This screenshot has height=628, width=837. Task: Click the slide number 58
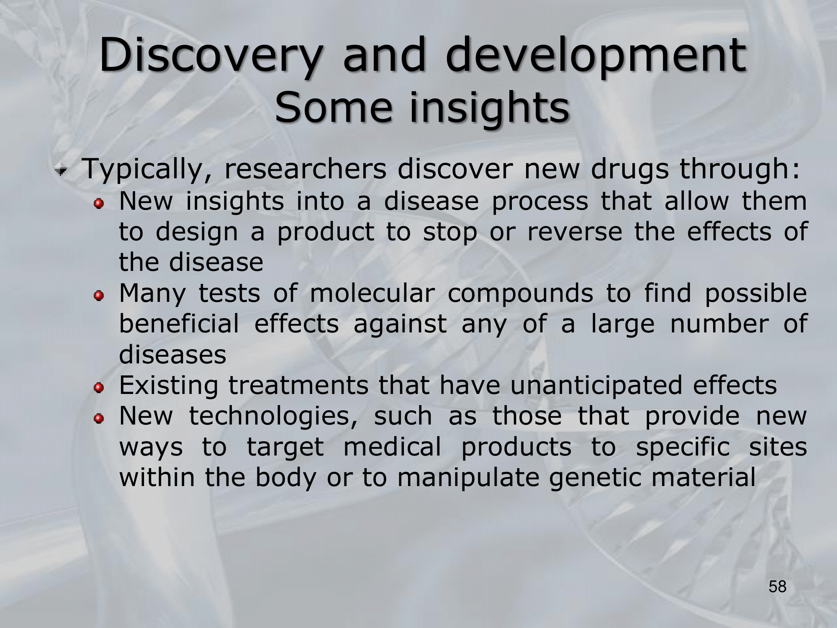tap(778, 587)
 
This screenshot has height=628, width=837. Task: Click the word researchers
tap(305, 169)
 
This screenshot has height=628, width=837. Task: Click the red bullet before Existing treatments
tap(99, 388)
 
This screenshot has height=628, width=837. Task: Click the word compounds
tap(521, 294)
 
